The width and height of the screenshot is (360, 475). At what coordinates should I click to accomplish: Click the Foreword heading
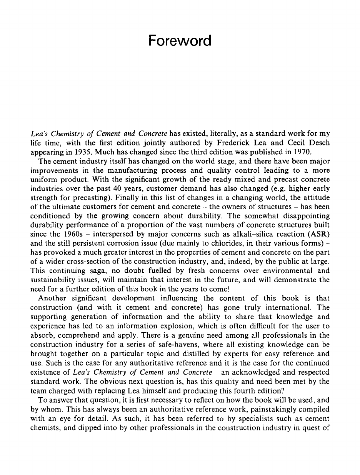point(180,40)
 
